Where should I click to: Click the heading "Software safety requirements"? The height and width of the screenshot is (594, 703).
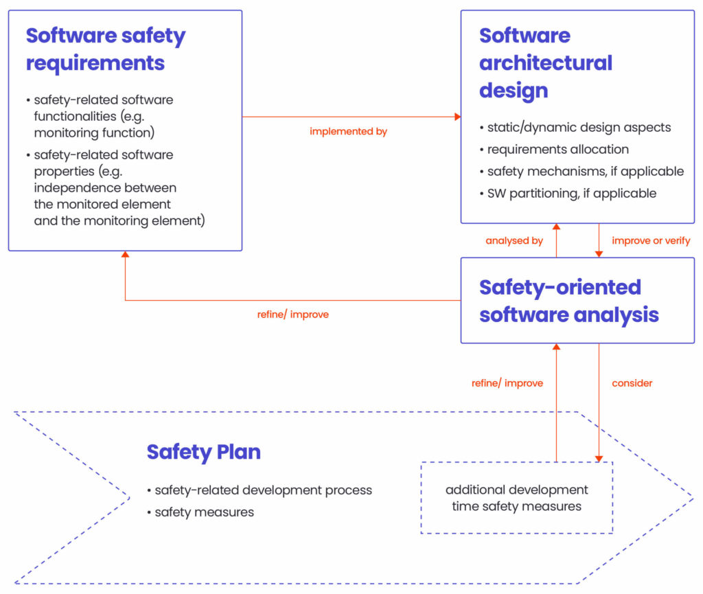pos(106,49)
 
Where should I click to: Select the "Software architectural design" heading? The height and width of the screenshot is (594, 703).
pos(545,62)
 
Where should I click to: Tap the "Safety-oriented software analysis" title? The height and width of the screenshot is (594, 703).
pos(568,300)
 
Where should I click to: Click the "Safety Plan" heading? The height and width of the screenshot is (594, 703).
pos(203,452)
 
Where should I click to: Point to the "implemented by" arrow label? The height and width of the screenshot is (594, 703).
pos(348,131)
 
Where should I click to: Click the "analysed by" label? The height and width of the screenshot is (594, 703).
pos(514,240)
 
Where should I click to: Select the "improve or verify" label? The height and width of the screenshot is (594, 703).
pos(651,240)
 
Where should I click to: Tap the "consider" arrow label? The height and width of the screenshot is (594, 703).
pos(632,382)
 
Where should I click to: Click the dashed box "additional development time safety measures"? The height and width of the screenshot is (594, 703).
pos(516,498)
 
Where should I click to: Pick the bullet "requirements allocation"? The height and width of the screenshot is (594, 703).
pos(557,149)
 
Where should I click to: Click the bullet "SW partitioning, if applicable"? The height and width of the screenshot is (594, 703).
pos(571,193)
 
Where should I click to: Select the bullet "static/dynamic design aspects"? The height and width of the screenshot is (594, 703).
pos(579,127)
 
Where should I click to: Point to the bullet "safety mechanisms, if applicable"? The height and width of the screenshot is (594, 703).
pos(585,171)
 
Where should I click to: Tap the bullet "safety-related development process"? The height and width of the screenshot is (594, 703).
pos(263,490)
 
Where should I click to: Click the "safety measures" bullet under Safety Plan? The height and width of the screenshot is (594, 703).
pos(204,512)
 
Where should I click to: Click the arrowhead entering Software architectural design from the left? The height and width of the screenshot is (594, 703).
pos(457,117)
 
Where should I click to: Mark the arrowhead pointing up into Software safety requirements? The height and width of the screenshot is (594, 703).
pos(125,255)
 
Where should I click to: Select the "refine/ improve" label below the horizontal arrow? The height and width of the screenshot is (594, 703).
pos(293,315)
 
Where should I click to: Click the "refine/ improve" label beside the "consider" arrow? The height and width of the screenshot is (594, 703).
pos(507,382)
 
